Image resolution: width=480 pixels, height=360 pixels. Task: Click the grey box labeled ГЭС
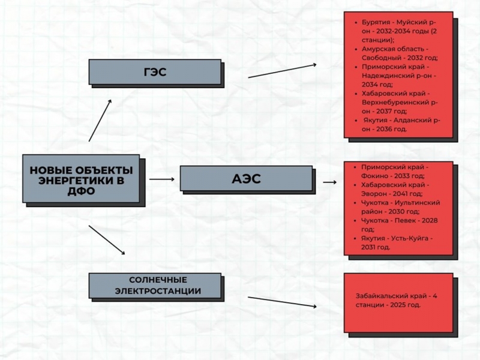pyautogui.click(x=155, y=72)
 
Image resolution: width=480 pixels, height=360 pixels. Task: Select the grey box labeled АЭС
pyautogui.click(x=246, y=178)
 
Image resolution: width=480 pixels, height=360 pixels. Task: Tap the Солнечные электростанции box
pyautogui.click(x=155, y=286)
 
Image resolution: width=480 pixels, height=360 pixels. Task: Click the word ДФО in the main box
pyautogui.click(x=81, y=191)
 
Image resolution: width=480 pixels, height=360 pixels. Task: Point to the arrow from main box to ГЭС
pyautogui.click(x=100, y=121)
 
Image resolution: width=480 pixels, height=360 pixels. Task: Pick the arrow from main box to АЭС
pyautogui.click(x=162, y=179)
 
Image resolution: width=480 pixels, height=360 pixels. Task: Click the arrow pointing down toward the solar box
pyautogui.click(x=107, y=240)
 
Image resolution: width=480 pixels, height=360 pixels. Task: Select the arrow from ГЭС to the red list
pyautogui.click(x=282, y=71)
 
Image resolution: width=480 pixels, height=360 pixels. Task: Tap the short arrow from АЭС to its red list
pyautogui.click(x=329, y=182)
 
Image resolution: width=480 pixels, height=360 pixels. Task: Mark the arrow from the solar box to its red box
pyautogui.click(x=282, y=302)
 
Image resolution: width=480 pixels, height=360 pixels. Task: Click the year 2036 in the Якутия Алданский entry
pyautogui.click(x=384, y=129)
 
